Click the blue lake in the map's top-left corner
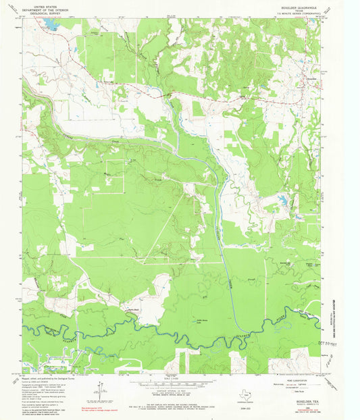[x=49, y=25]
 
